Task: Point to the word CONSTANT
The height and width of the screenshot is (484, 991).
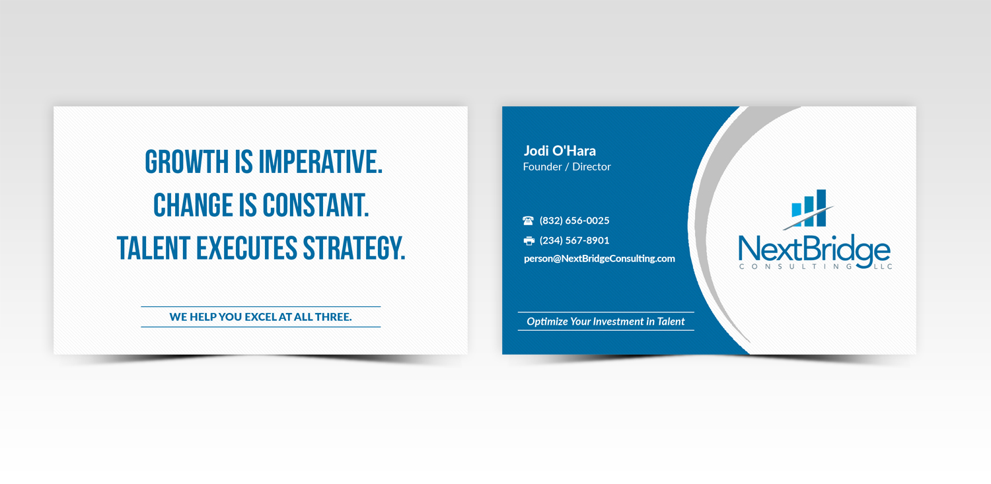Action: coord(316,205)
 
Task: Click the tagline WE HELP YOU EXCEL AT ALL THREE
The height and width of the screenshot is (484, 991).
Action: coord(260,317)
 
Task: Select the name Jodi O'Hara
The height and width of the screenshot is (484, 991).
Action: coord(560,151)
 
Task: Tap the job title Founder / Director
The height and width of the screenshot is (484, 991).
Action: coord(567,167)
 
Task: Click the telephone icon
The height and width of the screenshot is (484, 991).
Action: coord(529,221)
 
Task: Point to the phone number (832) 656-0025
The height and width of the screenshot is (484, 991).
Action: coord(574,221)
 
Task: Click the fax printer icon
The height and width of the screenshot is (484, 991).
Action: coord(529,240)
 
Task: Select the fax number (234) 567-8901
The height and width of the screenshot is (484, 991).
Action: coord(574,240)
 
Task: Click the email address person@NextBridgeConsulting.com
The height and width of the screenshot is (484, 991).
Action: coord(599,259)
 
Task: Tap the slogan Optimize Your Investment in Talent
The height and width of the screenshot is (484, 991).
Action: coord(605,322)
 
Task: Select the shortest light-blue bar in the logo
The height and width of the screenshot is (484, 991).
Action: coord(797,210)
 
